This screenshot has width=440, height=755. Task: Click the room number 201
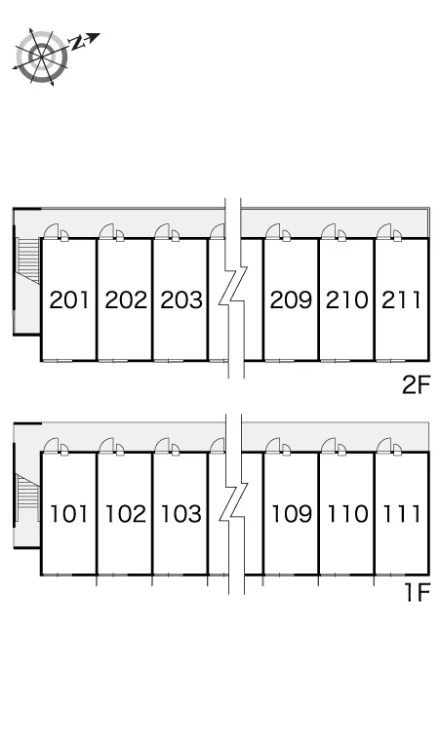point(70,300)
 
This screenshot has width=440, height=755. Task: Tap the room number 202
point(126,300)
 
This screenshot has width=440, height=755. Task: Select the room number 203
point(181,300)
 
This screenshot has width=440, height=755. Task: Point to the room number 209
point(292,300)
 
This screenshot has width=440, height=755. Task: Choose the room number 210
point(346,300)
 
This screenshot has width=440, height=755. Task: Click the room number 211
point(402,300)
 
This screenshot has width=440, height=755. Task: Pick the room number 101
point(69,514)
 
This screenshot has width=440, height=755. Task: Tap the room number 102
point(126,514)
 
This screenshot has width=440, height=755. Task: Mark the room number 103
point(181,514)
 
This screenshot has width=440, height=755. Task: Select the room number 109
point(292,514)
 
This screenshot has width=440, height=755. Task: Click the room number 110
point(347,514)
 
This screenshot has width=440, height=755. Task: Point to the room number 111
point(402,514)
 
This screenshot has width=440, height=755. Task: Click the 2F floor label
point(416,385)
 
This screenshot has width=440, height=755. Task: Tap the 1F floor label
point(417,592)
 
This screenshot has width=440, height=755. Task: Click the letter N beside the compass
point(77,43)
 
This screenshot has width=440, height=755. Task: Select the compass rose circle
point(42,57)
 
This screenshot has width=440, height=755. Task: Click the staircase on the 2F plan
point(28,260)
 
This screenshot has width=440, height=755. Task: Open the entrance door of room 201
point(51,231)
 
